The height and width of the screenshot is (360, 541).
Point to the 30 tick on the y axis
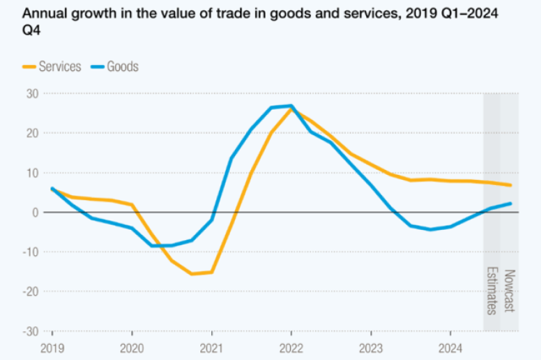[x=33, y=94]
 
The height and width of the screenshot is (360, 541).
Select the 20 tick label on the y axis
[x=33, y=133]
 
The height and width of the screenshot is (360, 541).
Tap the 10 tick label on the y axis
[x=33, y=173]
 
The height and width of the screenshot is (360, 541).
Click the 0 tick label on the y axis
[x=35, y=213]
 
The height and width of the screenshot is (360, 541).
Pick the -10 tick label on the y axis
[x=30, y=252]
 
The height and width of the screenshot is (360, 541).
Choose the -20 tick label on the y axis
[x=30, y=291]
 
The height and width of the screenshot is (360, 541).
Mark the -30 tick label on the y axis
[x=30, y=331]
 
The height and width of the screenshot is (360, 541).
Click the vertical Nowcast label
[x=509, y=291]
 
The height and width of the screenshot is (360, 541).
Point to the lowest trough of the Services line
[x=192, y=274]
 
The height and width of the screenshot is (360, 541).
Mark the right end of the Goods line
[x=511, y=203]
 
